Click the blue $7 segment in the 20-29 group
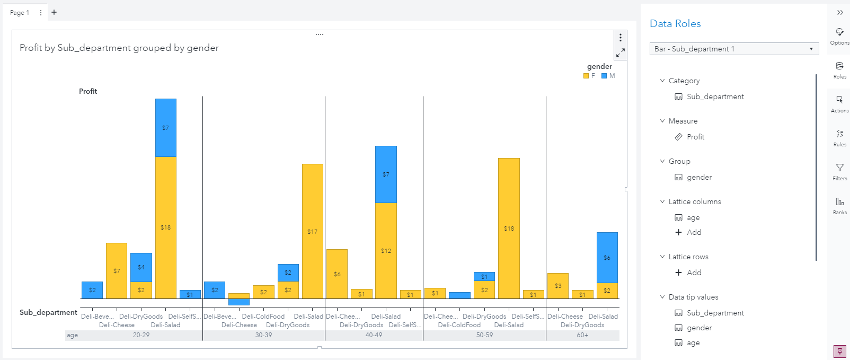point(165,128)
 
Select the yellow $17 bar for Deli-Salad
point(312,231)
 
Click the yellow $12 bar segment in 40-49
point(386,250)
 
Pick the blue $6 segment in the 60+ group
point(607,257)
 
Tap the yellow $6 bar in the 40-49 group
point(337,274)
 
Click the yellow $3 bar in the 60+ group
point(557,285)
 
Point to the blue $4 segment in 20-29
point(141,267)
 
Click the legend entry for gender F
point(589,76)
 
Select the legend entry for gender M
point(608,76)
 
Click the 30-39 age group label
point(263,335)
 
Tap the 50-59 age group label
point(484,335)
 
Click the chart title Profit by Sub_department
point(119,48)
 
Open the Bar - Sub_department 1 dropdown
point(734,49)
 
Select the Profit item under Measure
point(695,137)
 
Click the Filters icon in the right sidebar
point(839,171)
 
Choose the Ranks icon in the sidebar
point(839,205)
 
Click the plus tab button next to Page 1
point(54,12)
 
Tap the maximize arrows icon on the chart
point(620,52)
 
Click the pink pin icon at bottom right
point(839,351)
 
